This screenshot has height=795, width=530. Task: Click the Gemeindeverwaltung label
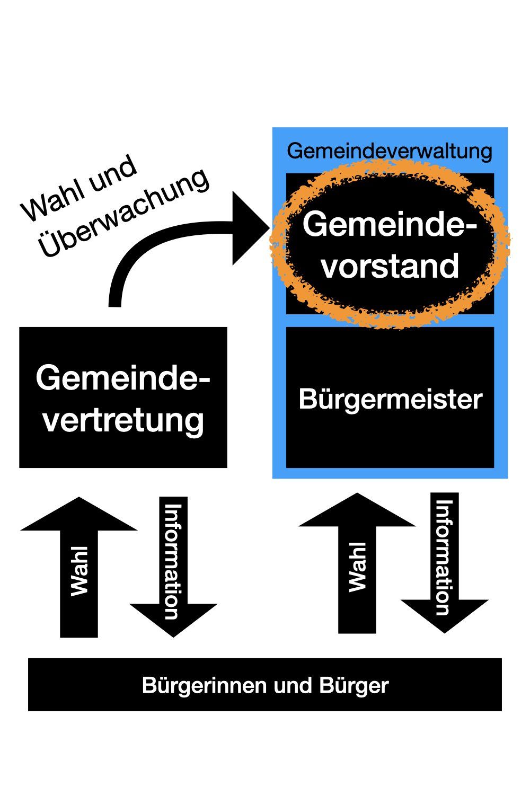(390, 152)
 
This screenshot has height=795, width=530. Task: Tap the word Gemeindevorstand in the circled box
(390, 244)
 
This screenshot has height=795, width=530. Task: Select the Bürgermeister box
(390, 398)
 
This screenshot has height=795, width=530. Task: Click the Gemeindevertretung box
(123, 397)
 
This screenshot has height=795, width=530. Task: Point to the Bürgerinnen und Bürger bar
(265, 685)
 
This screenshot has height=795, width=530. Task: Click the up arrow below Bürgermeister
(357, 562)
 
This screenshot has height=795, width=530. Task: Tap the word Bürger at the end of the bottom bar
(354, 685)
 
